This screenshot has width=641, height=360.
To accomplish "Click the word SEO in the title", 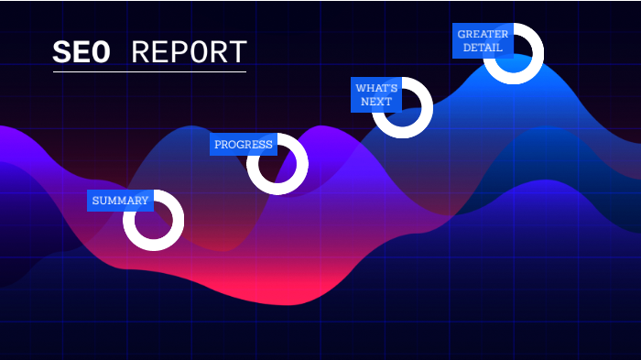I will (x=81, y=52).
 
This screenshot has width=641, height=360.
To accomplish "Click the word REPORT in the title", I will (x=189, y=52).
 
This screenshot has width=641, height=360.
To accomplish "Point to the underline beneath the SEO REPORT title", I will (x=149, y=71).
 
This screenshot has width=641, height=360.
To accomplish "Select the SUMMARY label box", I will (x=120, y=201).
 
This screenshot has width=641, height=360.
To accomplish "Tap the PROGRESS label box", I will (x=244, y=145).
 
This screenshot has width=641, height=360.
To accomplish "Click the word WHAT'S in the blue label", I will (x=376, y=88).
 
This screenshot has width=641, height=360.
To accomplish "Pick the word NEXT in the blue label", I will (x=376, y=102).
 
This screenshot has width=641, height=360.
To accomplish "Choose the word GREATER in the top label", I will (x=483, y=34).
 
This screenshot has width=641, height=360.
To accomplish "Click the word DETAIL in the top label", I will (x=483, y=48).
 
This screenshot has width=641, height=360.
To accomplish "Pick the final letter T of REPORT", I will (x=237, y=52).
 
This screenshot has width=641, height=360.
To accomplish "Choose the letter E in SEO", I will (x=81, y=52).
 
